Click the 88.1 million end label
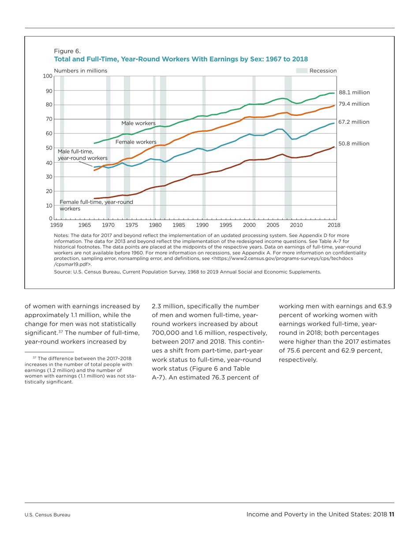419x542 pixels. click(x=354, y=93)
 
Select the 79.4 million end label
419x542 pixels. click(x=354, y=104)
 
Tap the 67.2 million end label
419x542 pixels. click(x=354, y=122)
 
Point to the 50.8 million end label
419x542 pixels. click(x=354, y=143)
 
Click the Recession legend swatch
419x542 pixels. click(x=301, y=71)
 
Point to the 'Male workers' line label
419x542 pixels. click(x=138, y=123)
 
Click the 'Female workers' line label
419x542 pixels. click(x=136, y=142)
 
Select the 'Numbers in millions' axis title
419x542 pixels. click(x=80, y=71)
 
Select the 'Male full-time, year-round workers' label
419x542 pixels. click(x=82, y=155)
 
